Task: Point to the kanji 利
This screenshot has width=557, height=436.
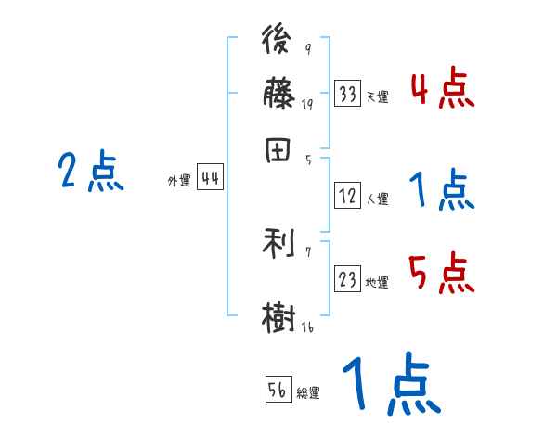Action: [x=278, y=243]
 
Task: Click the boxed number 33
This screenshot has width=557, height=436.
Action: [x=348, y=94]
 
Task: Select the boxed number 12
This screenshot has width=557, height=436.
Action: [x=348, y=196]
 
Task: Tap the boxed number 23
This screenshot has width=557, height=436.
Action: [x=348, y=280]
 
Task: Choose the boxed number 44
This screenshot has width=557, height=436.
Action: [x=210, y=179]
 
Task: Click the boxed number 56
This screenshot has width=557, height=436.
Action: [x=278, y=390]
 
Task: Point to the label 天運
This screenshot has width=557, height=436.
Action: [x=377, y=96]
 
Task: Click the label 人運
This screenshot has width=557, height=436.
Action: [x=377, y=199]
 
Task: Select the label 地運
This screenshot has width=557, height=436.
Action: [x=377, y=283]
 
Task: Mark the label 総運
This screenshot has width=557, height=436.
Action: [x=308, y=392]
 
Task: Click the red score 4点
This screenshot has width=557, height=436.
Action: [x=442, y=90]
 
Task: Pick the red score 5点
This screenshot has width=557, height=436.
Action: [x=442, y=275]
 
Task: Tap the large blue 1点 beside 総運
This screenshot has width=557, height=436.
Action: [x=389, y=385]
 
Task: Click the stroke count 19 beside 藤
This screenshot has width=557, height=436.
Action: [x=307, y=105]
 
